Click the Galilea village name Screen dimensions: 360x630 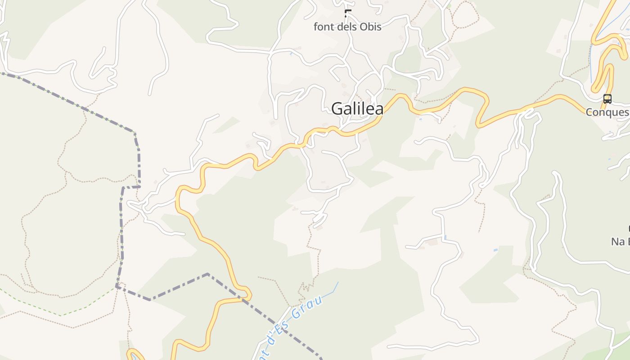tap(357, 108)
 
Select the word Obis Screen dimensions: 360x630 tap(371, 27)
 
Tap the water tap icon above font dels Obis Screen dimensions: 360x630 tap(347, 13)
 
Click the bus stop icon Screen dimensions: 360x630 tap(607, 99)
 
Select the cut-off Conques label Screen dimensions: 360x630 tap(607, 112)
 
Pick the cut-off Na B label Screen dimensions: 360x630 tap(620, 242)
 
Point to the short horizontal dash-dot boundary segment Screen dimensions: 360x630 tap(131, 187)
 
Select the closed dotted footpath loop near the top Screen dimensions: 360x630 tap(465, 13)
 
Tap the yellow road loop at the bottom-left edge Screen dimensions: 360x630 tap(134, 354)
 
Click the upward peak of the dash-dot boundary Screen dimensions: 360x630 tap(207, 274)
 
